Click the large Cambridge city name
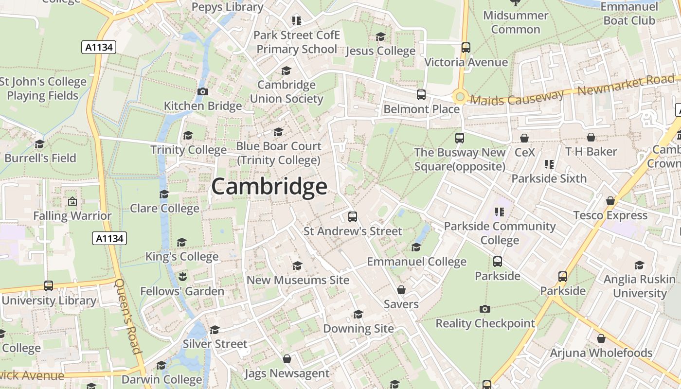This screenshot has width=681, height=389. point(269,187)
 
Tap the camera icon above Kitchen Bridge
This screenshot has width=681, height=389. point(203,91)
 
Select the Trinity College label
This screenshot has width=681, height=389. point(188,150)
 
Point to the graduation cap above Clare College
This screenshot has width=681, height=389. point(164,194)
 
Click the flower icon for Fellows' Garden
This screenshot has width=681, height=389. point(182,277)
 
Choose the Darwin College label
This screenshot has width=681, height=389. point(161,379)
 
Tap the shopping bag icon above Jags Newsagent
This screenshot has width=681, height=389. point(287,359)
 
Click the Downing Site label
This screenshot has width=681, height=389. point(358,328)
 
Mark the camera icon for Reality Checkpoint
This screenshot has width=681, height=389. point(484,309)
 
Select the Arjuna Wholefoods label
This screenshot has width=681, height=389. point(601,353)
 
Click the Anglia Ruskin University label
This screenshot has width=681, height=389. point(639,286)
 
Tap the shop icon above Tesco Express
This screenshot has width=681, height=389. point(610,201)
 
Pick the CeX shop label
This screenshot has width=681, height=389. point(524,152)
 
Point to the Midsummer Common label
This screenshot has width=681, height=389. point(516,22)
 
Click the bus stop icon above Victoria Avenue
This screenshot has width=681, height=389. point(466,48)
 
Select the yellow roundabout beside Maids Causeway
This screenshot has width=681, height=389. point(459,97)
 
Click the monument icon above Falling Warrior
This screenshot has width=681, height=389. point(72,201)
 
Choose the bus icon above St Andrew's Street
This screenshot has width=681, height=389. point(353,216)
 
